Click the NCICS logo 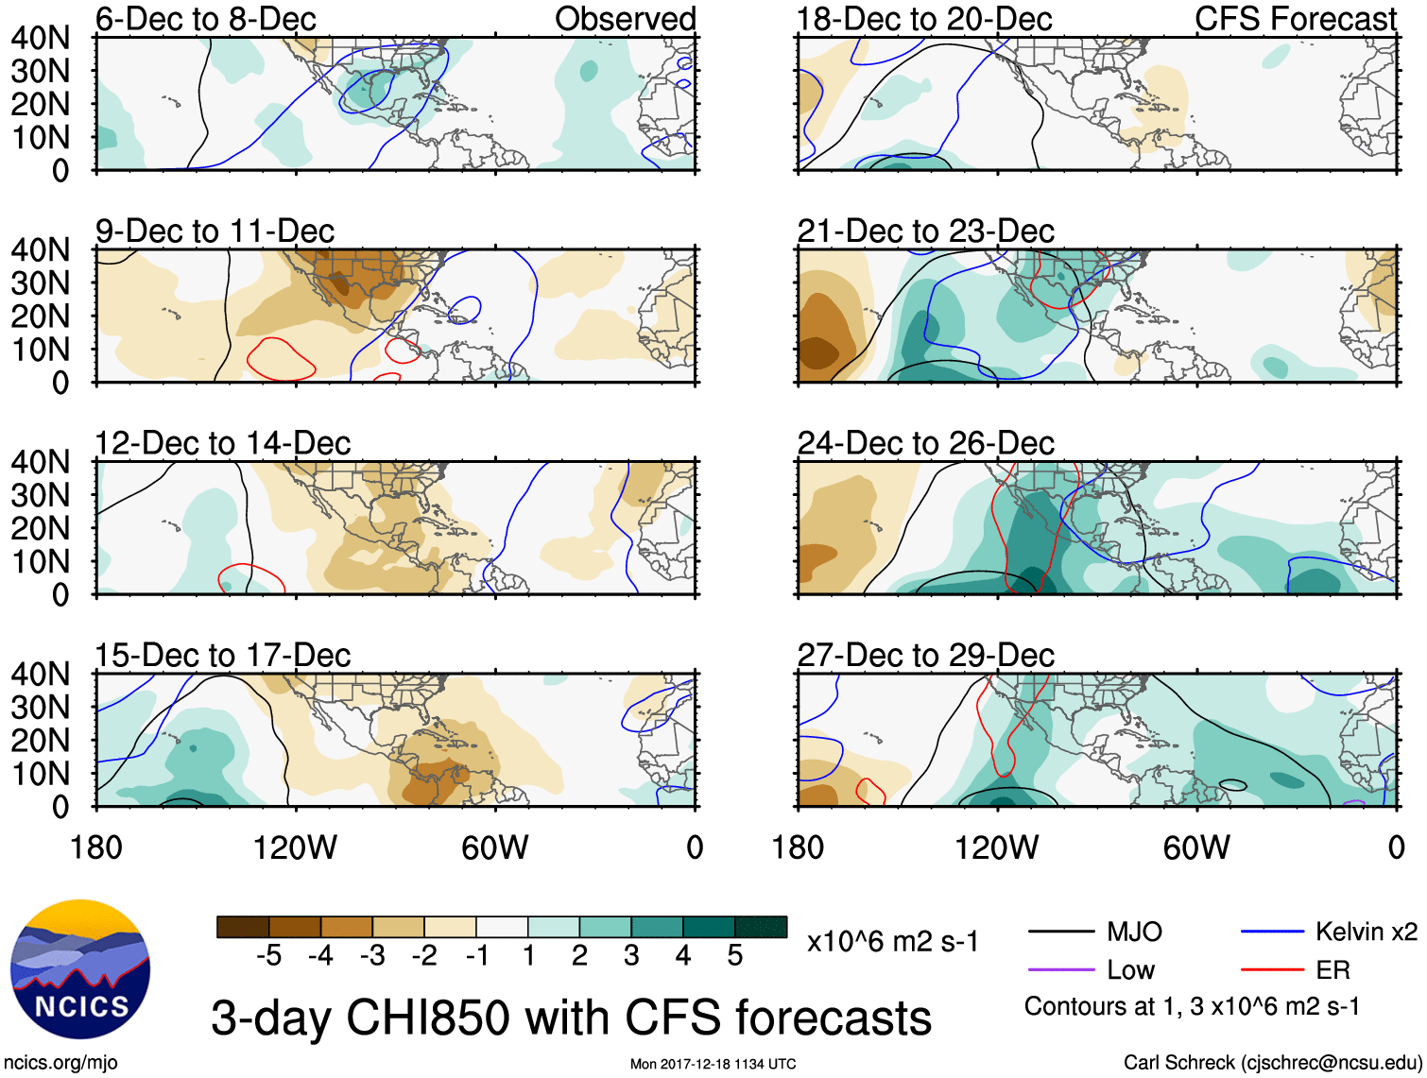coord(80,969)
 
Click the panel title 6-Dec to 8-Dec coord(205,19)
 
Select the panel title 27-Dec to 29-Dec coord(925,655)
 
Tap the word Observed coord(625,19)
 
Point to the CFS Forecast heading coord(1295,19)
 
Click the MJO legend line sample coord(1060,933)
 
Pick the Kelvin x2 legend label coord(1366,933)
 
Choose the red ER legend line coord(1272,970)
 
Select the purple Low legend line coord(1060,970)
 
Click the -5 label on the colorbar coord(268,956)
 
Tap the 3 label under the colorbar coord(631,956)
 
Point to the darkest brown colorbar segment coord(243,927)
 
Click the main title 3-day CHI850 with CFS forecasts coord(571,1018)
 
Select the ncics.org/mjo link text coord(60,1063)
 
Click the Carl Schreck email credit coord(1272,1063)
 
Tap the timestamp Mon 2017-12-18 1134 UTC coord(713,1064)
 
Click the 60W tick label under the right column coord(1196,847)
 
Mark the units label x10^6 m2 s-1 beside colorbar coord(892,941)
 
